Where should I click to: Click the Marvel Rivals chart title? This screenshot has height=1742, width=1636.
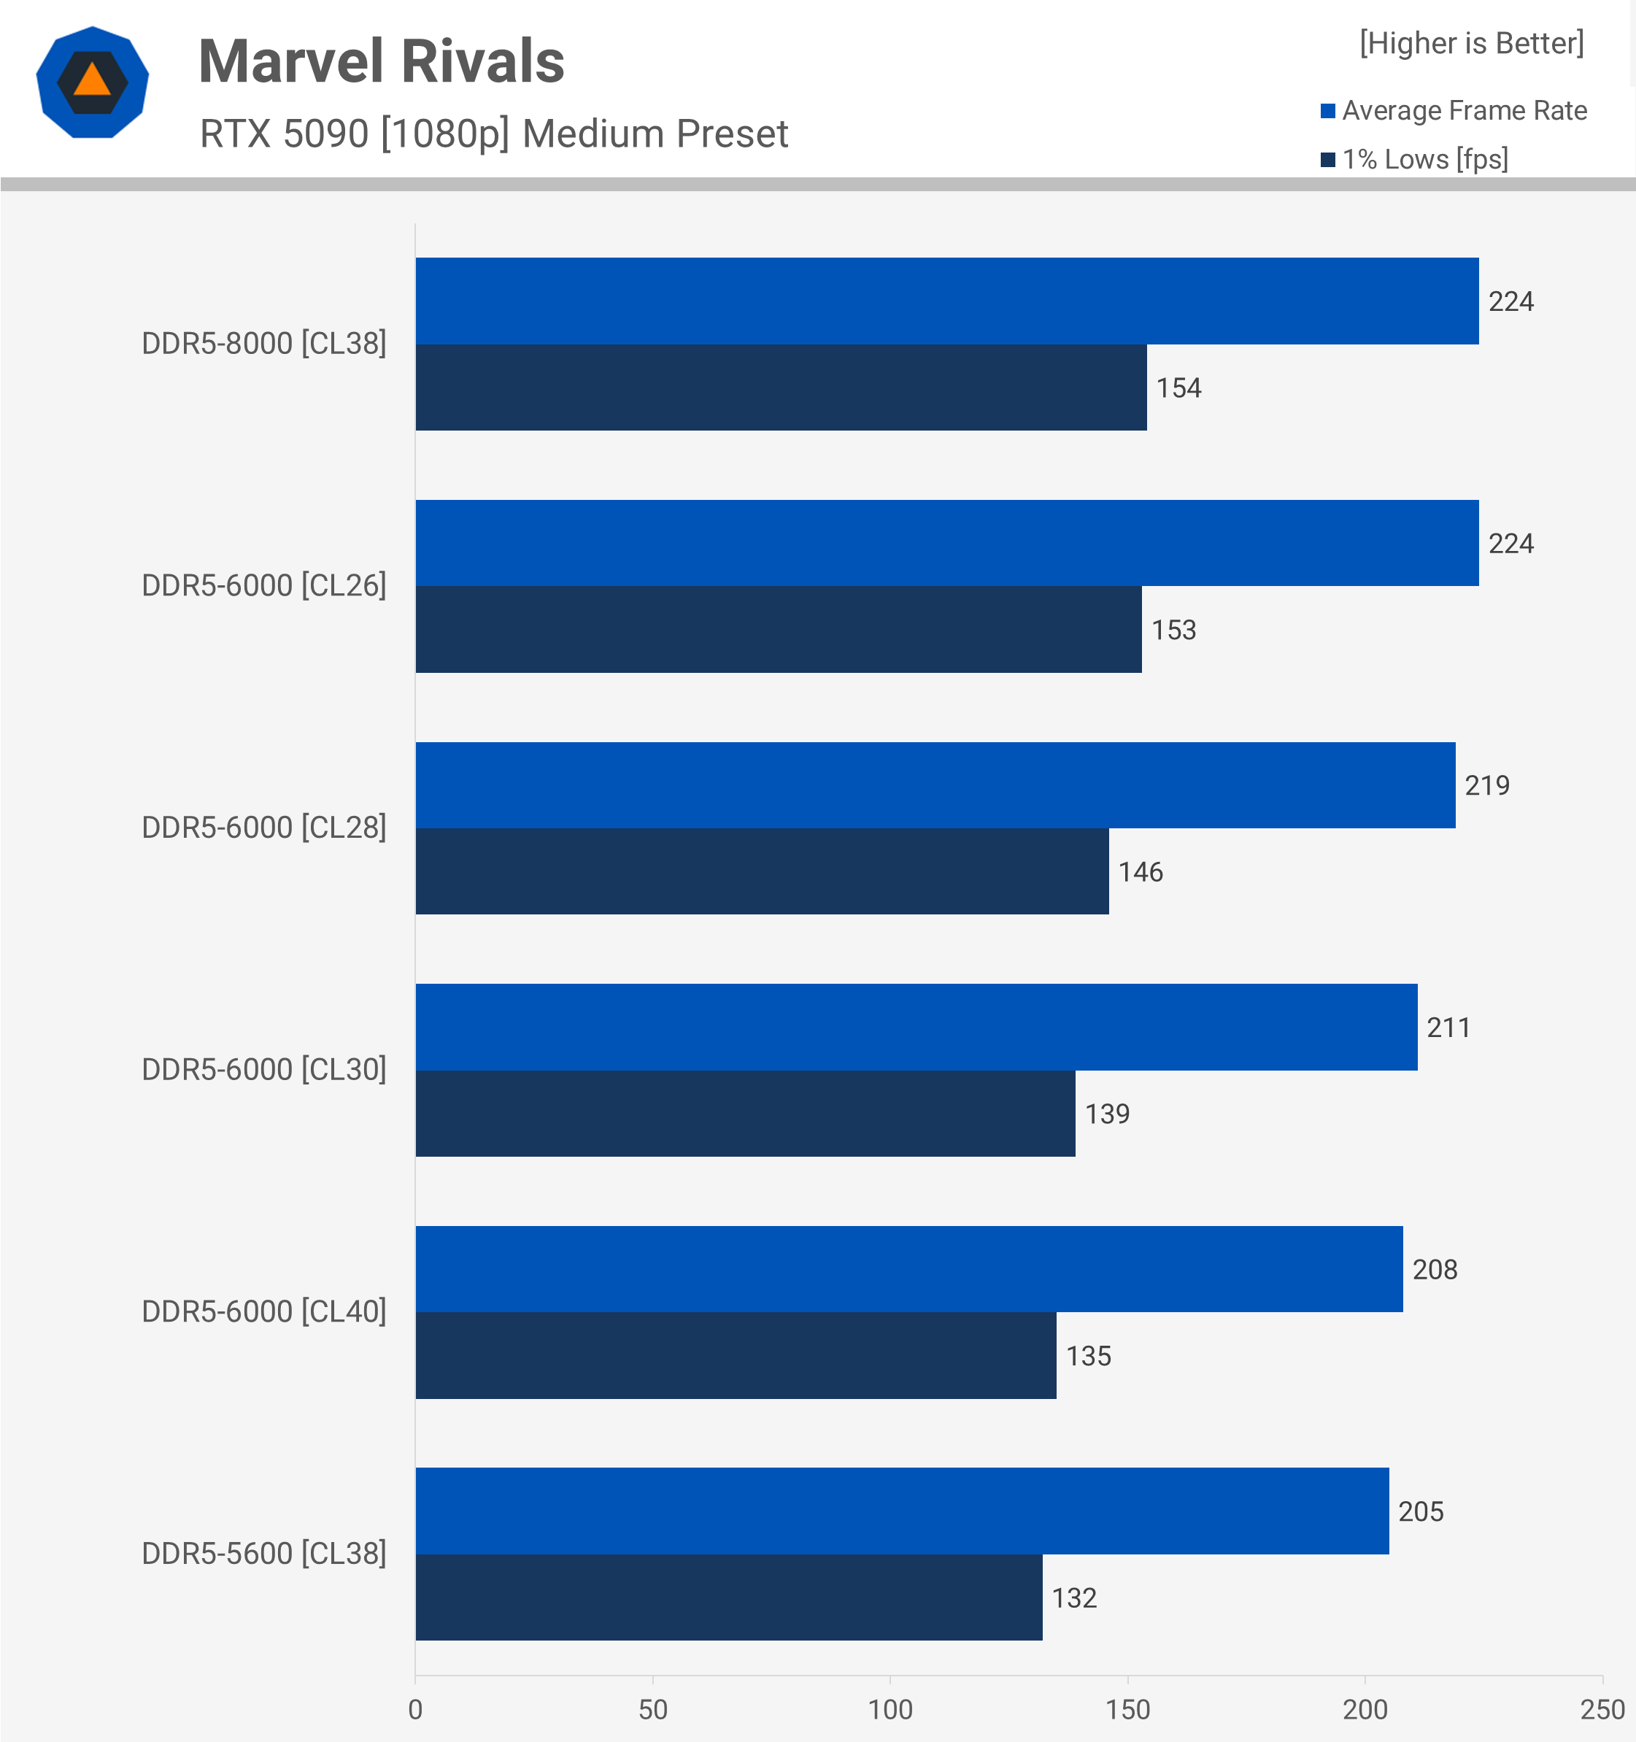tap(381, 61)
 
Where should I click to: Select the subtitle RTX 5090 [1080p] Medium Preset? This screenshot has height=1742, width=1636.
tap(493, 134)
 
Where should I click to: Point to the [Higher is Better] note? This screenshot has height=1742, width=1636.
tap(1471, 43)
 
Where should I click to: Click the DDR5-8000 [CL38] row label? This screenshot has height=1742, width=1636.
tap(263, 344)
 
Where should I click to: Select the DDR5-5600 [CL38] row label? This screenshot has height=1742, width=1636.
tap(263, 1553)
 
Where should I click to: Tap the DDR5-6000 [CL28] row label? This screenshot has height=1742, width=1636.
tap(263, 827)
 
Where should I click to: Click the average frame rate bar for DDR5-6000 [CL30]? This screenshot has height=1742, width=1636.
tap(916, 1026)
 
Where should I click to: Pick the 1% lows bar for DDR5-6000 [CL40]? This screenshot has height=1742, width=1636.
tap(736, 1354)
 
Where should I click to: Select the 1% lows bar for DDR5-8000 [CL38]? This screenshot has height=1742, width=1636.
tap(781, 388)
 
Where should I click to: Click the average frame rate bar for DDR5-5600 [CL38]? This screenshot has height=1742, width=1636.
tap(902, 1511)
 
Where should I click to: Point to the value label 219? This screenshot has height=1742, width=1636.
tap(1487, 785)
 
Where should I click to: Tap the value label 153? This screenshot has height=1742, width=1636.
tap(1173, 630)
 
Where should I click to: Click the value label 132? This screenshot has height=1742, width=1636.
tap(1073, 1598)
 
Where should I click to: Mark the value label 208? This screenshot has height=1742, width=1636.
tap(1435, 1269)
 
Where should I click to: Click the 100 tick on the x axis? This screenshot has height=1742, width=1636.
tap(890, 1708)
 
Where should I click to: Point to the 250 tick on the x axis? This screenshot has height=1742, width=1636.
tap(1602, 1708)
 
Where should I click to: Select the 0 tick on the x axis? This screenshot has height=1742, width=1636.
tap(415, 1708)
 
